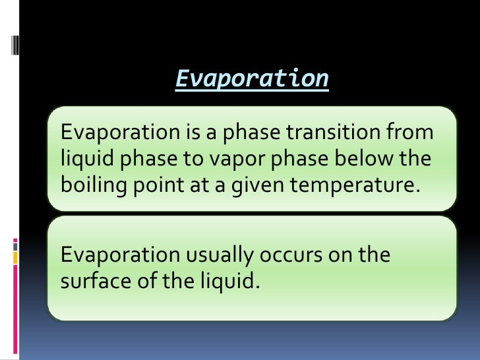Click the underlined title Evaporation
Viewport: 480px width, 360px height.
click(x=252, y=79)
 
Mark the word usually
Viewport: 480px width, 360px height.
click(x=218, y=255)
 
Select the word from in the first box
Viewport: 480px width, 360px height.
click(x=415, y=133)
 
